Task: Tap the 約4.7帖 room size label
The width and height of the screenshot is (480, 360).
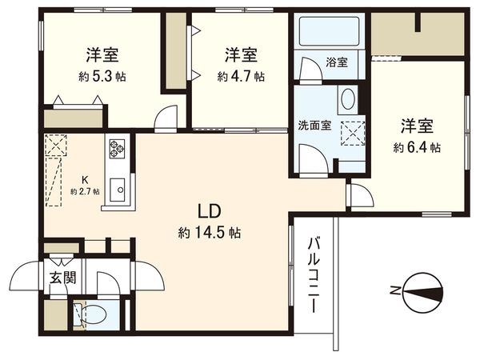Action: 241,77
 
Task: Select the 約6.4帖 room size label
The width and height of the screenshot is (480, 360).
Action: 417,147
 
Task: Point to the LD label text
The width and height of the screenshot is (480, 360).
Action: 210,212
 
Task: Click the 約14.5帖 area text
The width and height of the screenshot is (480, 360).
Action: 210,234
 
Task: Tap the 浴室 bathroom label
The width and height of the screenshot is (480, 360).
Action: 336,62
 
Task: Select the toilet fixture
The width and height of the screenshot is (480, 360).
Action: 90,314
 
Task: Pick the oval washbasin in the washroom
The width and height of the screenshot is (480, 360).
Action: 346,100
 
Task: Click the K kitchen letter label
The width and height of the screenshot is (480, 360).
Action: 83,179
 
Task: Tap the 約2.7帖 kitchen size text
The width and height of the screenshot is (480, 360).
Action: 84,191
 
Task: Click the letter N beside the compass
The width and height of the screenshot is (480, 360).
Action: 392,290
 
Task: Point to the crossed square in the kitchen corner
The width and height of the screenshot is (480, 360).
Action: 56,146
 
